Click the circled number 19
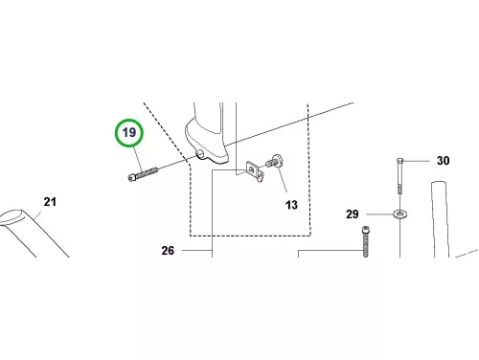coord(129,132)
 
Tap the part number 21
coord(50,202)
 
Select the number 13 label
coord(291,205)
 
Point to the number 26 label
coord(168,251)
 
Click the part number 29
coord(353,214)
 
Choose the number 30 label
coord(444,161)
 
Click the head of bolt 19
coord(131,177)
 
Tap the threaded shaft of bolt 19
coord(147,172)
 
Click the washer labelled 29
coord(399,214)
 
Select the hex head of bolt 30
coord(400,160)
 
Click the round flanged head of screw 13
coord(277,160)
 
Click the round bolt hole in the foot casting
coord(200,153)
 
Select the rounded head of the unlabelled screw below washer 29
coord(366,229)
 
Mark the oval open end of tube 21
coord(12,217)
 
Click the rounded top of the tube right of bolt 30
coord(439,184)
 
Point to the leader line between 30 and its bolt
coord(416,161)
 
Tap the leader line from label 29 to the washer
coord(380,214)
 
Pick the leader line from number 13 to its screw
coord(282,180)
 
